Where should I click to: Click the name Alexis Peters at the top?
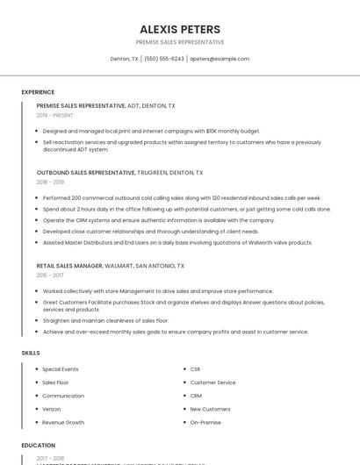click(x=179, y=29)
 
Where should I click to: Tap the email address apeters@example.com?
click(x=220, y=59)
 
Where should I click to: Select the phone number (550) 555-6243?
click(x=164, y=59)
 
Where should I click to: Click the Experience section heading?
click(x=38, y=92)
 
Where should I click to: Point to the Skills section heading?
click(x=31, y=353)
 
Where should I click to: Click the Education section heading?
click(x=38, y=446)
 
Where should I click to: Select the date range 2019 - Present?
click(x=54, y=115)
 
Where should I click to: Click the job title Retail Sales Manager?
click(x=69, y=265)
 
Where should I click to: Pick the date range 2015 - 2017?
click(x=51, y=275)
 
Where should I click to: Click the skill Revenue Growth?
click(x=63, y=422)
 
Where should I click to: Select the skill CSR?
click(x=195, y=369)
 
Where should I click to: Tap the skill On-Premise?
click(x=205, y=422)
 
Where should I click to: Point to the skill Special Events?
click(x=61, y=369)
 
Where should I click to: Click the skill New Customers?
click(x=210, y=409)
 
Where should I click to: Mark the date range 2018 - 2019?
click(x=51, y=182)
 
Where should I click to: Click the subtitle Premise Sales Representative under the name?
click(x=179, y=42)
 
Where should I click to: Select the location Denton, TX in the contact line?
click(x=124, y=59)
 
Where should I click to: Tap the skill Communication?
click(x=63, y=396)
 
